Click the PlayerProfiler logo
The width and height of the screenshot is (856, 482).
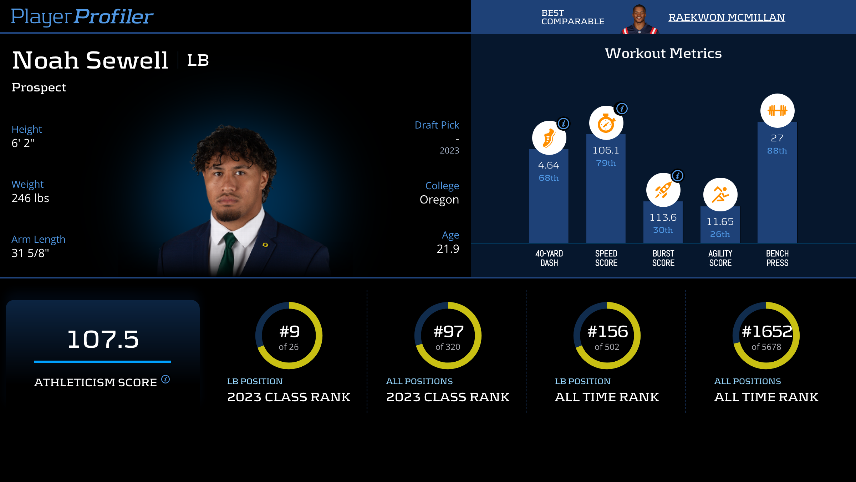(x=82, y=16)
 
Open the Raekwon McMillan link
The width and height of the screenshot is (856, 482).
(x=727, y=17)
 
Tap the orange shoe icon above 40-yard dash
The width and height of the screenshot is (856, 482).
(x=549, y=138)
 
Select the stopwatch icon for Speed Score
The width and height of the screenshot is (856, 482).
(x=606, y=123)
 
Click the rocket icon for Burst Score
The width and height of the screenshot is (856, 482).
(x=663, y=190)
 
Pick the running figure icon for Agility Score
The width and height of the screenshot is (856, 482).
(x=720, y=195)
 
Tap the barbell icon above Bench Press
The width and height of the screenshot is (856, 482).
(x=777, y=111)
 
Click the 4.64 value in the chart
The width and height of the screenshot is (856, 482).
(x=549, y=165)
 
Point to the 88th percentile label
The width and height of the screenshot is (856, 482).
(x=777, y=151)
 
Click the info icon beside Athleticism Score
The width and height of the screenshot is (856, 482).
(x=165, y=379)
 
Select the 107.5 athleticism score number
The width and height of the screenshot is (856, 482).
(x=103, y=339)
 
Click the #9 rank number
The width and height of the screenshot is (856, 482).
(x=289, y=332)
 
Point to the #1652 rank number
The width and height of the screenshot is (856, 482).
(x=766, y=332)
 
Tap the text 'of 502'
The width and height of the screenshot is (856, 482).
(x=607, y=347)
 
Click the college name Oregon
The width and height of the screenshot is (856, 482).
(x=439, y=200)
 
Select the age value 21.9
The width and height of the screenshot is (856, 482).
(x=448, y=249)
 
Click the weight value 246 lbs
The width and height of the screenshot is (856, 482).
(x=30, y=198)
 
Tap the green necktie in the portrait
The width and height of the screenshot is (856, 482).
(x=227, y=253)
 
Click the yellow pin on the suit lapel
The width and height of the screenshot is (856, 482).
(x=265, y=245)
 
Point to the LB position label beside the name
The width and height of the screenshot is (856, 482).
(x=198, y=60)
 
